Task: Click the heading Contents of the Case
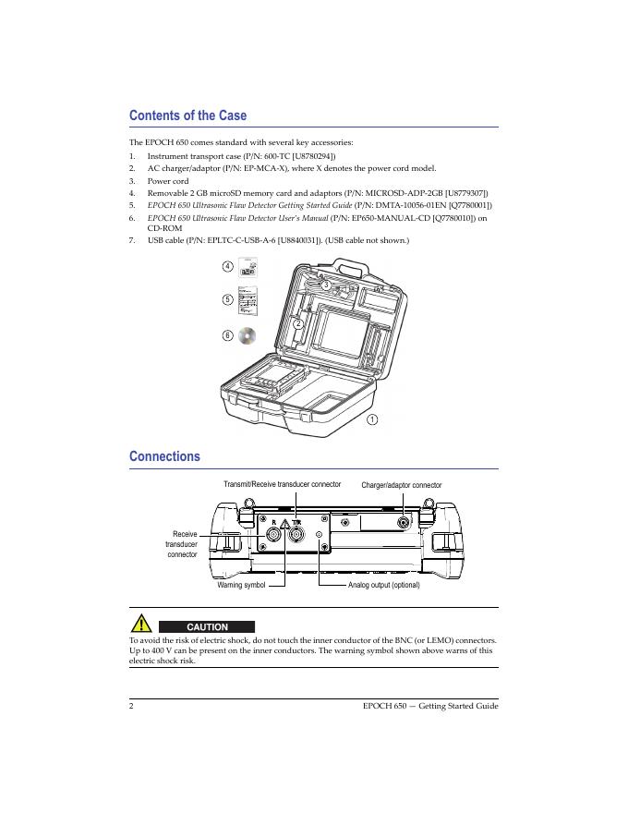tap(187, 116)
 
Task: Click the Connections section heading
tap(164, 456)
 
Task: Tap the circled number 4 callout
tap(227, 267)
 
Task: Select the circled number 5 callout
tap(227, 299)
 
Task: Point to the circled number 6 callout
tap(227, 335)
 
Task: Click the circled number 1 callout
tap(372, 419)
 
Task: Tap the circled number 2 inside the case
tap(298, 323)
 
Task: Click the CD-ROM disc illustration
tap(247, 335)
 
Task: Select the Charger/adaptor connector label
tap(401, 485)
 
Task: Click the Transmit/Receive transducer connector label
tap(283, 484)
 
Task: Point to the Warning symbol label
tap(241, 585)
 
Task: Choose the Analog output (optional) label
tap(383, 585)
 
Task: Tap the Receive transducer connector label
tap(184, 544)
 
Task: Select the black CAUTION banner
tap(208, 626)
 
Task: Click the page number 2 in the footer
tap(132, 706)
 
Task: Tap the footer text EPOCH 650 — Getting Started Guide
tap(431, 706)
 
